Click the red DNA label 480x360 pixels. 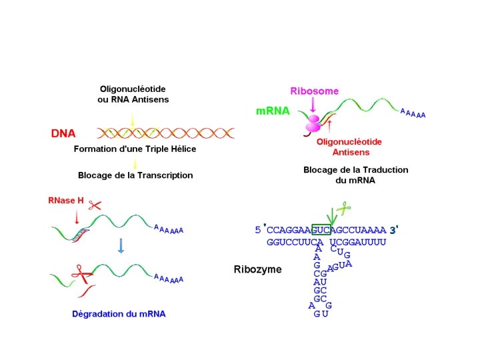[63, 133]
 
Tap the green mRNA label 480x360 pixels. [273, 111]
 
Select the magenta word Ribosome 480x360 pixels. [314, 91]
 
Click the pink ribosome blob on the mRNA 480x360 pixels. [313, 123]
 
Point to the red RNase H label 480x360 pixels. [65, 199]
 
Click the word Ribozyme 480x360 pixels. [257, 269]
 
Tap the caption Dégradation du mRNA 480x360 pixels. [118, 313]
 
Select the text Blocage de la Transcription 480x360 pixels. [135, 175]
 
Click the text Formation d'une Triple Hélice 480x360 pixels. [135, 149]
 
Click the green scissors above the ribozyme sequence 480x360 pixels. [343, 208]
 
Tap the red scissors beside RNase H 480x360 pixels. [95, 205]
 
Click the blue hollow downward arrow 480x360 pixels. [121, 246]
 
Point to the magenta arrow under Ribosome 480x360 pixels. [313, 105]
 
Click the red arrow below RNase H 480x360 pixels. [77, 216]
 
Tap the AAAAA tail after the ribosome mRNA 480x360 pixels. [413, 113]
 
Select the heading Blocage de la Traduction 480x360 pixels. [355, 170]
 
